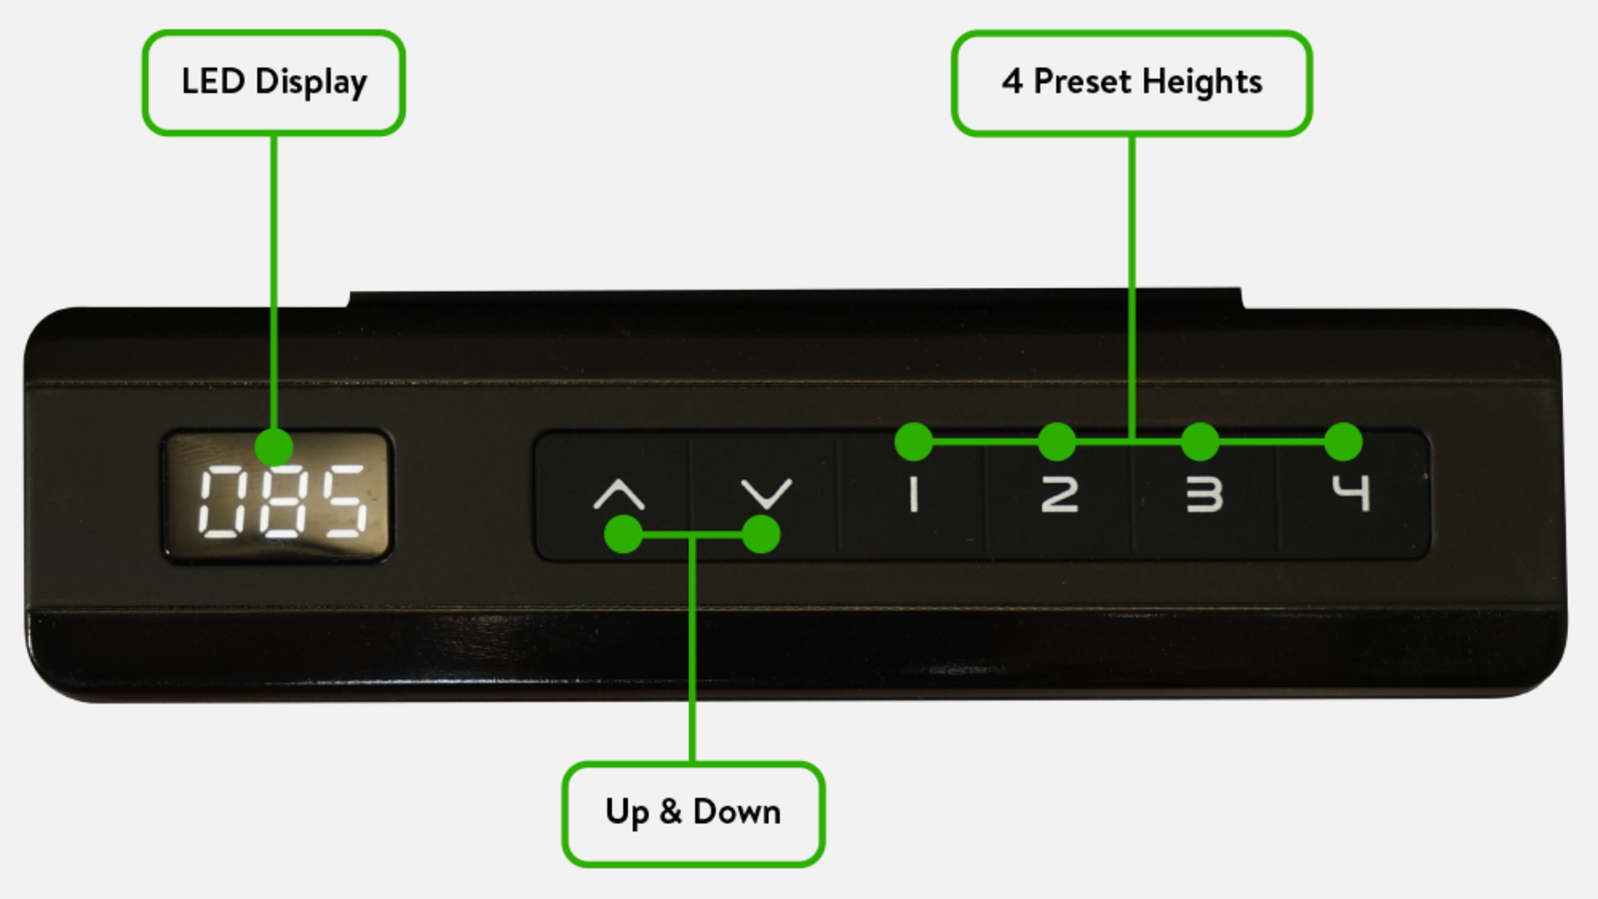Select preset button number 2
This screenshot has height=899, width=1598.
click(1060, 494)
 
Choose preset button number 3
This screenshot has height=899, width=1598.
click(1204, 494)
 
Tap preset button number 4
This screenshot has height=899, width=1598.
click(1350, 492)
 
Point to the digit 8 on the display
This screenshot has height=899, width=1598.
click(281, 500)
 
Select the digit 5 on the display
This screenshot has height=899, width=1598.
click(342, 500)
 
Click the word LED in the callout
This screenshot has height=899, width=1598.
click(213, 82)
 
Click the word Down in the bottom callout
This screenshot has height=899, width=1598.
click(737, 812)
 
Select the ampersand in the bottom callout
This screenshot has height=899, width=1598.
click(670, 812)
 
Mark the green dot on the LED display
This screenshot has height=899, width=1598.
click(274, 448)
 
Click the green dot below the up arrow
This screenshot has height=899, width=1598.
click(623, 534)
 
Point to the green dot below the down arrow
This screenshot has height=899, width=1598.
click(761, 534)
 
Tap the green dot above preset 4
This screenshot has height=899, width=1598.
click(1343, 441)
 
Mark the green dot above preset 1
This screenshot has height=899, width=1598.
click(914, 441)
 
